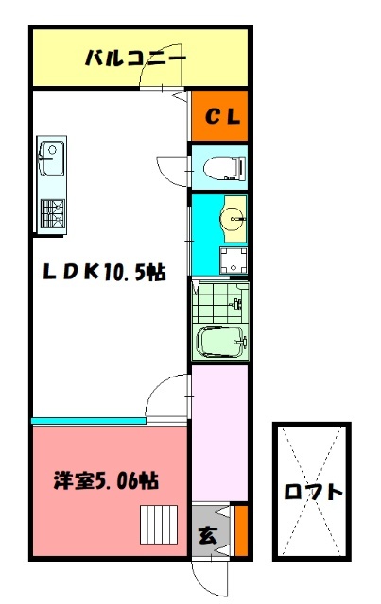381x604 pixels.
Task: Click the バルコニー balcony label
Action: point(135,58)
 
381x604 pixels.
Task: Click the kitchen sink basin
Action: point(50,154)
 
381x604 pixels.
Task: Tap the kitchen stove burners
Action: point(52,212)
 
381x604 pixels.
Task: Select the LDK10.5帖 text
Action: point(104,272)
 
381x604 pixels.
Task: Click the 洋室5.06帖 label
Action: point(104,480)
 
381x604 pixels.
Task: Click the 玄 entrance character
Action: point(206,535)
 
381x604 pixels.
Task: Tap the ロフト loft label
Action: point(312,492)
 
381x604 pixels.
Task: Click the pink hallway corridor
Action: point(219,434)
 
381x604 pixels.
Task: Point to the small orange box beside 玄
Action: point(241,530)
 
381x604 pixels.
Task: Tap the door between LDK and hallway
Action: point(170,392)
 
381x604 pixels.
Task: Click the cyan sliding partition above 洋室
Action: point(90,420)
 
